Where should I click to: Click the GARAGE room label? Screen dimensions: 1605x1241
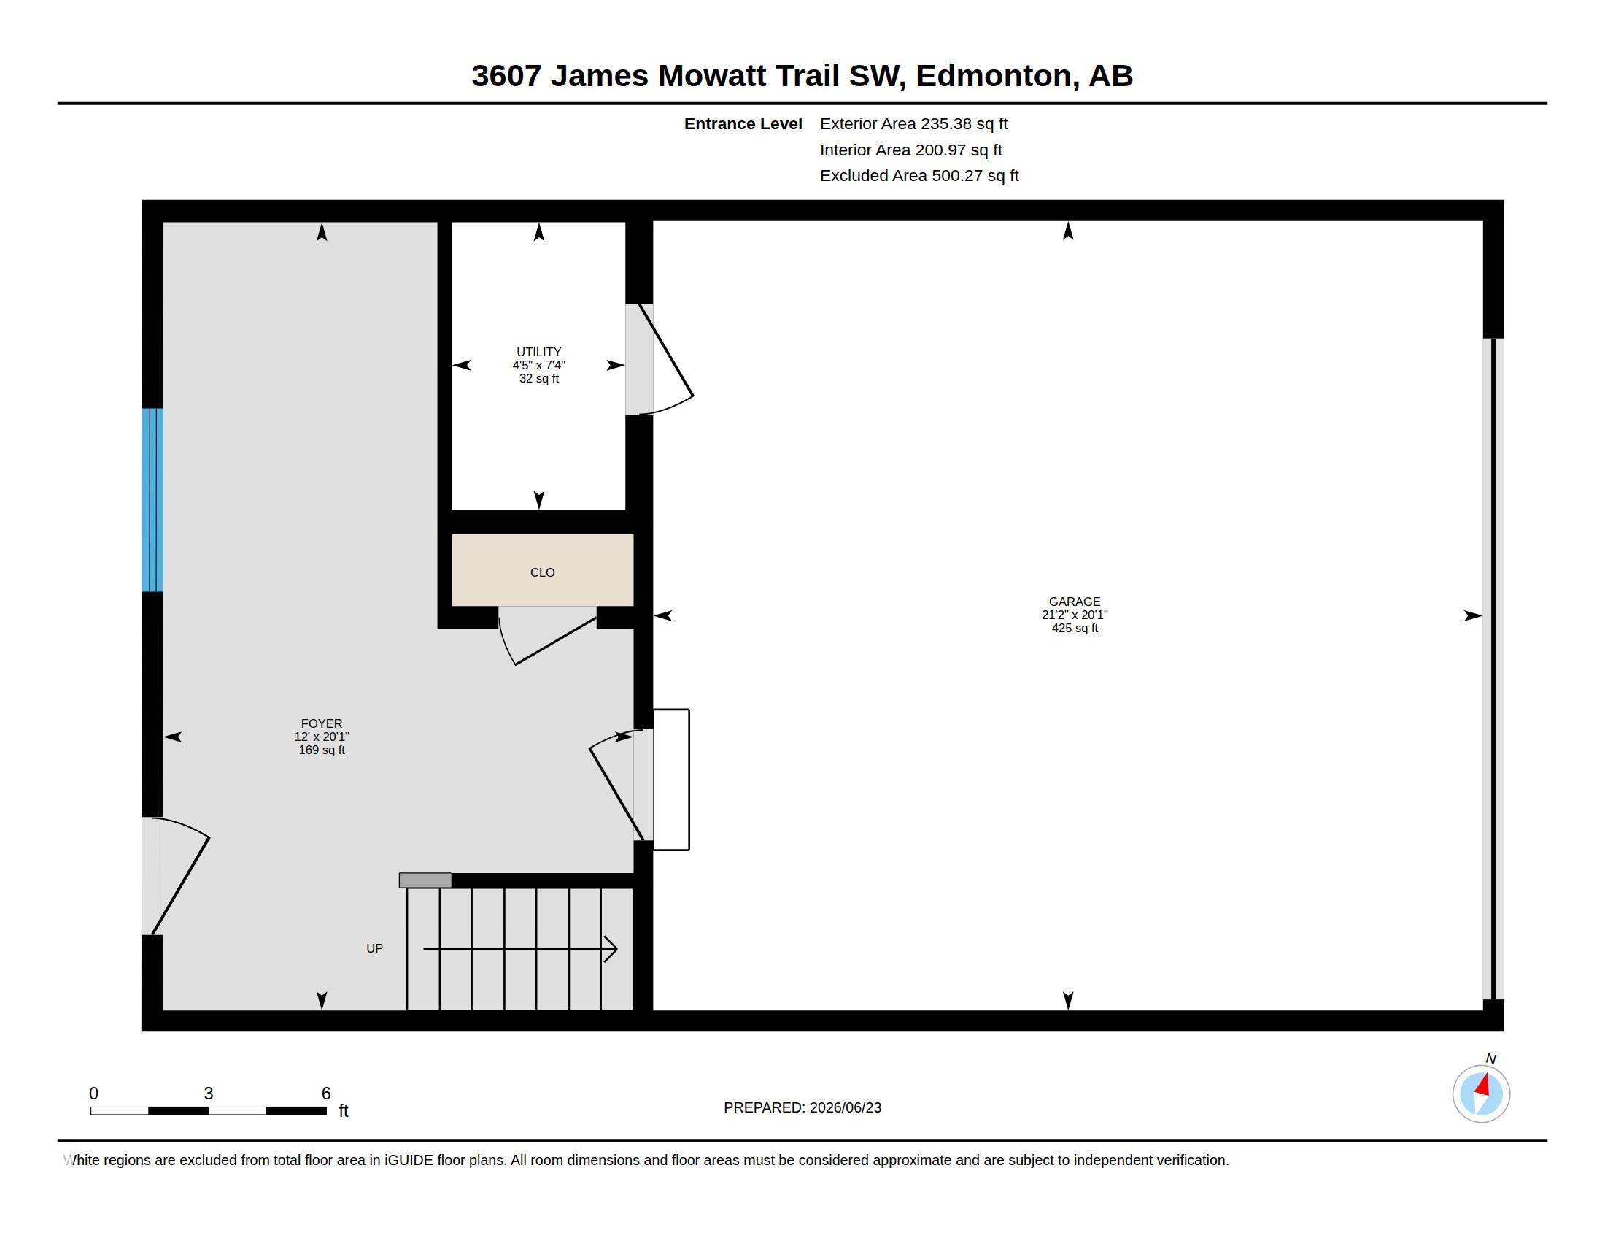[1075, 602]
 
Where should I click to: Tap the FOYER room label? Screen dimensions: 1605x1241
[322, 723]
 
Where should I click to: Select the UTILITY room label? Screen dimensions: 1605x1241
[538, 352]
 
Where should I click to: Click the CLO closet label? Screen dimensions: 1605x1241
[542, 573]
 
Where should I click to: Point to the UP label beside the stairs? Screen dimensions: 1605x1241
[375, 948]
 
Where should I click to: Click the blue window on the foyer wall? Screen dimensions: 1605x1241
[152, 500]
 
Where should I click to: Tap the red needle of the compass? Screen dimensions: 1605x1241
[1483, 1084]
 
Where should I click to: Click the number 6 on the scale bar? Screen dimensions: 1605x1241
[326, 1094]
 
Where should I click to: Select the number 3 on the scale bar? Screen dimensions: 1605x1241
[209, 1094]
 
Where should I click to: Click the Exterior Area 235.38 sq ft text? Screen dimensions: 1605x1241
[913, 124]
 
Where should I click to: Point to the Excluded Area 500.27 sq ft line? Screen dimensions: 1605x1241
[919, 176]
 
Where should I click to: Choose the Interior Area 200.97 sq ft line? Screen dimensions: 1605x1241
[911, 150]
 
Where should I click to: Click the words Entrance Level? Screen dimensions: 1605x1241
[743, 124]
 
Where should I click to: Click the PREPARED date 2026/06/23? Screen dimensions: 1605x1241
[845, 1107]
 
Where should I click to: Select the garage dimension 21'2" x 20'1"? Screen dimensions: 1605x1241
[1075, 615]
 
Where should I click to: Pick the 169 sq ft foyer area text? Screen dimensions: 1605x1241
[322, 750]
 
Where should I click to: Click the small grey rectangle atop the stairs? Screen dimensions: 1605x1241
[425, 880]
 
